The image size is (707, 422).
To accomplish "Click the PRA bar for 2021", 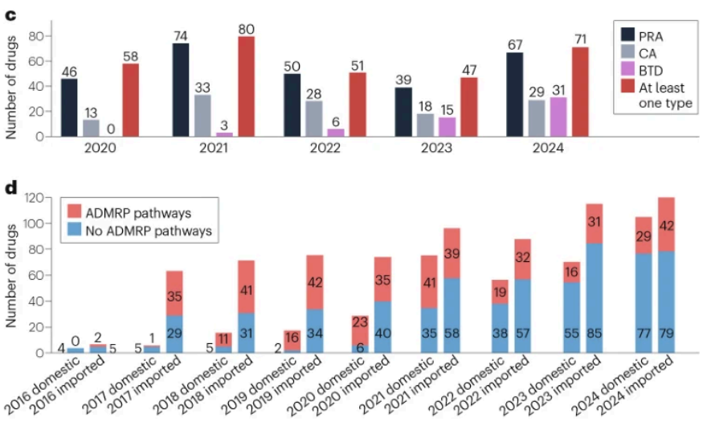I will pos(181,89).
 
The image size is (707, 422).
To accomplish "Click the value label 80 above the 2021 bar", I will pos(246,30).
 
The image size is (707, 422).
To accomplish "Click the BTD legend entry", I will pos(651,71).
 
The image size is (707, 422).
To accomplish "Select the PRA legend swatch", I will pos(629,35).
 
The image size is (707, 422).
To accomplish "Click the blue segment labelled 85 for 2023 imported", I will pos(594,298).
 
